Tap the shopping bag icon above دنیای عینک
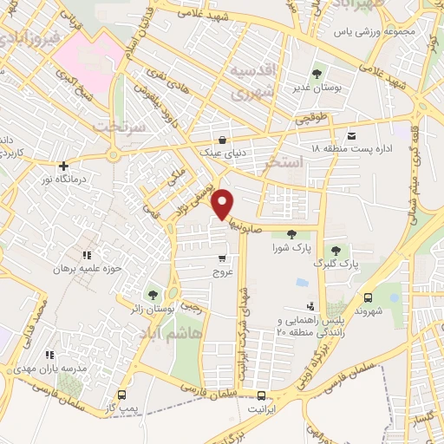click(x=223, y=140)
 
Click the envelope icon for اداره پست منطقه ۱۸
click(x=351, y=136)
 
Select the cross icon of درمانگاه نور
click(x=63, y=166)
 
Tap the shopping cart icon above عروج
click(x=223, y=258)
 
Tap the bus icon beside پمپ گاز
click(x=121, y=381)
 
